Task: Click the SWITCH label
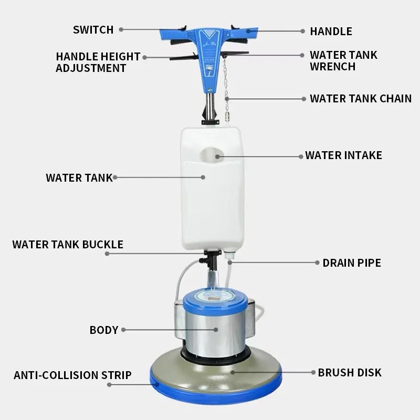93,30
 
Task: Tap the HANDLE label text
331,31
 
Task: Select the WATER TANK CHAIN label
361,99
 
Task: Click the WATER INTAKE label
344,155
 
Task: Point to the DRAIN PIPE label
352,263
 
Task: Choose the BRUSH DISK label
350,373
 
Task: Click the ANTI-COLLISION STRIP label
72,375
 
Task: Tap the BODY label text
104,330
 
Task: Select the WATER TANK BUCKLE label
68,245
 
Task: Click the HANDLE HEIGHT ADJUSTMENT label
98,62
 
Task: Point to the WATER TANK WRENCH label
343,60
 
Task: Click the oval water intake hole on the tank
212,155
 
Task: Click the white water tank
213,189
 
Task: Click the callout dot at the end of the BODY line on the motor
216,330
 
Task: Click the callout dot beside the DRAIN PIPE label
317,263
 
